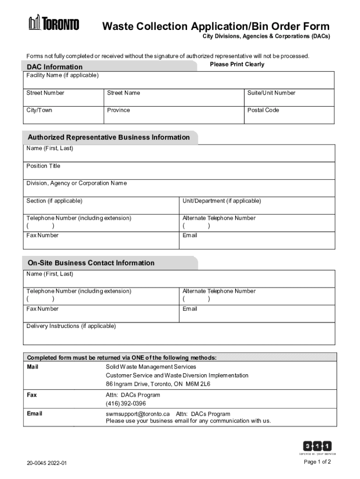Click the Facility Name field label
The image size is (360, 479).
click(62, 75)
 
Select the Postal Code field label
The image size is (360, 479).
click(263, 110)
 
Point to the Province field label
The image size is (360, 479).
click(118, 110)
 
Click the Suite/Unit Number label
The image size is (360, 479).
click(271, 93)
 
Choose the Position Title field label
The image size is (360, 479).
click(43, 166)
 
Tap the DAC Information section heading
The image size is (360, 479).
click(55, 67)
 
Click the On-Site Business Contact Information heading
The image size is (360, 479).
click(91, 263)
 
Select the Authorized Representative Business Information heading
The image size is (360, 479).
click(108, 138)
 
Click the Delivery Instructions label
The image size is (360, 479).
click(71, 326)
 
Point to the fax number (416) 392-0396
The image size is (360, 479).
click(126, 403)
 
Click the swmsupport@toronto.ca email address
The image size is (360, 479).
click(137, 414)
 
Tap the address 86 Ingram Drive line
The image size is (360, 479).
click(158, 384)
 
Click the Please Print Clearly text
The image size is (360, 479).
click(237, 65)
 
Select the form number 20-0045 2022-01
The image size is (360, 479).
click(47, 463)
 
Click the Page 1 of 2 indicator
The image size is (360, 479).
click(317, 462)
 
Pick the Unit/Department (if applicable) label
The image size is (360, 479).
click(222, 201)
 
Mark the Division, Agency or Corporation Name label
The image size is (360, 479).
click(76, 183)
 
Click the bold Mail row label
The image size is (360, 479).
click(33, 367)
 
